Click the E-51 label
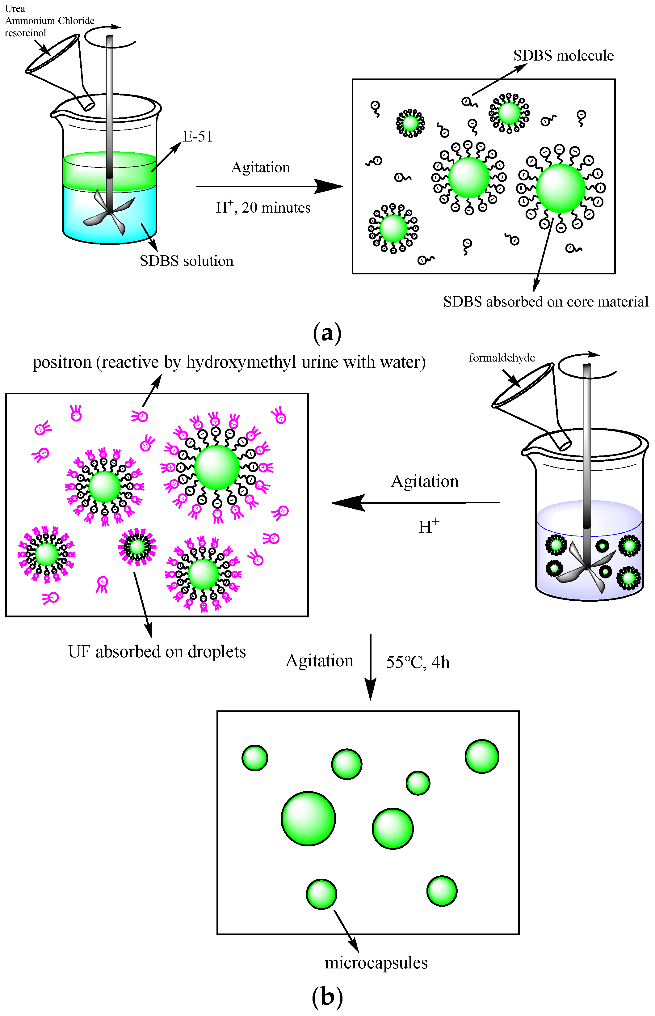[x=197, y=137]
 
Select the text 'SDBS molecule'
[x=563, y=56]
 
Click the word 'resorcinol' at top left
[x=26, y=33]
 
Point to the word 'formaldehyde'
[x=502, y=358]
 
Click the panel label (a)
[x=327, y=333]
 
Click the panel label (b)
[x=327, y=997]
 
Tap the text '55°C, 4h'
[x=418, y=663]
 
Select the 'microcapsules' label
[x=376, y=963]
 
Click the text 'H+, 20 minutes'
[x=263, y=208]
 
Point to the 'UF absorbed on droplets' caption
[x=157, y=652]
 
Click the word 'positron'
[x=62, y=362]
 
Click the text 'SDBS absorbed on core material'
[x=546, y=302]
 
